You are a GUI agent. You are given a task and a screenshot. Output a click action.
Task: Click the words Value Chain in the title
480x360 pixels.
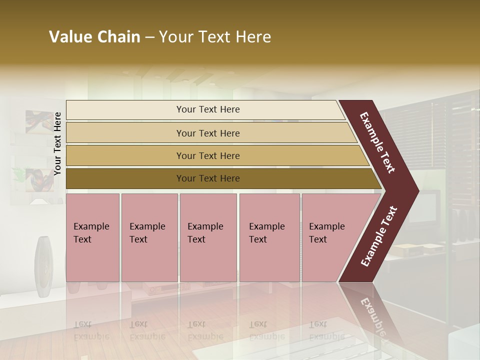tap(94, 37)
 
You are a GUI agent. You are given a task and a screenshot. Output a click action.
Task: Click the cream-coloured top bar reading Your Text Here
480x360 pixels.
tap(207, 109)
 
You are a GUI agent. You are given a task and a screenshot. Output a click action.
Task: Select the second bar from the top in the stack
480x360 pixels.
tap(207, 133)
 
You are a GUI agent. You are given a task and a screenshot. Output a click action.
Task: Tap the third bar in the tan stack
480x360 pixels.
tap(207, 155)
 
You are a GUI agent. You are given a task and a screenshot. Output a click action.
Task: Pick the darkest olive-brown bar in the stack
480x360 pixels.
tap(207, 178)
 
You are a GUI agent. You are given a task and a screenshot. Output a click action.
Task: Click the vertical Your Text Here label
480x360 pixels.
tap(57, 143)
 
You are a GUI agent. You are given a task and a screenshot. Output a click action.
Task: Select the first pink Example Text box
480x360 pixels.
tap(92, 237)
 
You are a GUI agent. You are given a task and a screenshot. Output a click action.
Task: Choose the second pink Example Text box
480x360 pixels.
tap(149, 237)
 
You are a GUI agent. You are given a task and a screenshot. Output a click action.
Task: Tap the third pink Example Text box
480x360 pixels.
tap(208, 237)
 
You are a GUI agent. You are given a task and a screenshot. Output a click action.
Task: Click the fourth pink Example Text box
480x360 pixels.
tap(269, 237)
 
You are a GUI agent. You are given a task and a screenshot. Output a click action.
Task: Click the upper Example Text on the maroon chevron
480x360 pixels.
tap(377, 142)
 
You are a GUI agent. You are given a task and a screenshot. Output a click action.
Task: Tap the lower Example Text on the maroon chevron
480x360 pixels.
tap(379, 236)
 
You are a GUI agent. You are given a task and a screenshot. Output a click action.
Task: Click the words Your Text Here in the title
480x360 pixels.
tap(215, 37)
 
